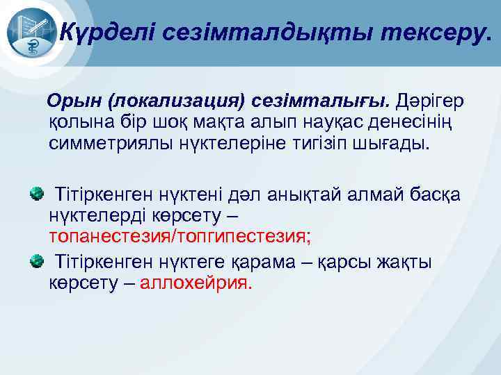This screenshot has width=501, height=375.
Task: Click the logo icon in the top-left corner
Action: point(31,32)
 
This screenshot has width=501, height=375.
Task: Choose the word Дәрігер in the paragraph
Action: point(430,102)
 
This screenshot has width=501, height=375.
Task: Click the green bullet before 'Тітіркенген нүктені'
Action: point(35,191)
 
